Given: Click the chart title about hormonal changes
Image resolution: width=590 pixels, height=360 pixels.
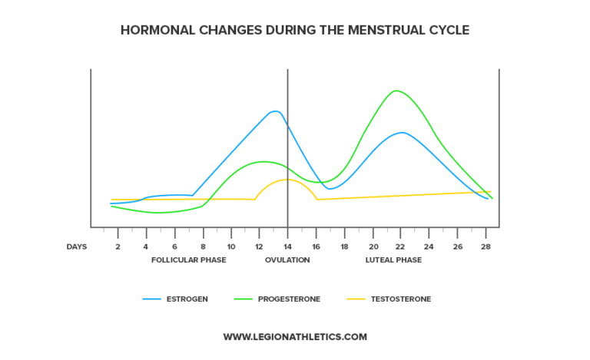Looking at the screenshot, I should point(295,31).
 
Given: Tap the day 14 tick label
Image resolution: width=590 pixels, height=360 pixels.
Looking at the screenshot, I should point(287,246).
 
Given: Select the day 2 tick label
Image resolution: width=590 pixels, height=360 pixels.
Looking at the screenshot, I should point(118,246).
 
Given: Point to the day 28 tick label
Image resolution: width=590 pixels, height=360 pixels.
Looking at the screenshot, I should point(486,246).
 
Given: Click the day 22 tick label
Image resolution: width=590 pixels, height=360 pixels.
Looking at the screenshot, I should point(401,246).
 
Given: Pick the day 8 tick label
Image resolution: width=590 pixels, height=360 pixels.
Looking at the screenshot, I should point(203,246).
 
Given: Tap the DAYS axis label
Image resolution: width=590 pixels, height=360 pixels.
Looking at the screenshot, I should point(77,246).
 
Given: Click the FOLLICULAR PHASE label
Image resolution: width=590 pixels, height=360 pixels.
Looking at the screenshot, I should point(188,260).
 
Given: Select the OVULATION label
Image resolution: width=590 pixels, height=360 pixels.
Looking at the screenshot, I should point(287,260).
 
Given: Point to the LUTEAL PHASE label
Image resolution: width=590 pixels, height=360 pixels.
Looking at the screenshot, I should point(393,260).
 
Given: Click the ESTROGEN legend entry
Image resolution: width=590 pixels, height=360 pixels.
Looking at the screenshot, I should point(187,299).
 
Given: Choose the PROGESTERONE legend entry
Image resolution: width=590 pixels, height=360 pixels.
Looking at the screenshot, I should point(289,299).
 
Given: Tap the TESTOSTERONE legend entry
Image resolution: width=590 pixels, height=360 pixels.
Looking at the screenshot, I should point(400,299).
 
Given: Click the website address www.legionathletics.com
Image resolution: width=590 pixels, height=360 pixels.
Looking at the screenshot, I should point(295,336).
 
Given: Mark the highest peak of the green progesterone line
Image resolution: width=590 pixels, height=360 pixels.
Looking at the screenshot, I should point(396,91).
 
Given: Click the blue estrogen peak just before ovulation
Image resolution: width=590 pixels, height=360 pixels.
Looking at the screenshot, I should point(274,111).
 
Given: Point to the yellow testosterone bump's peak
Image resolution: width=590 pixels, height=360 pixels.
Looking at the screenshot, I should point(287,179).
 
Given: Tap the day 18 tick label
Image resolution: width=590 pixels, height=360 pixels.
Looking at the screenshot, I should point(344,246).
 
